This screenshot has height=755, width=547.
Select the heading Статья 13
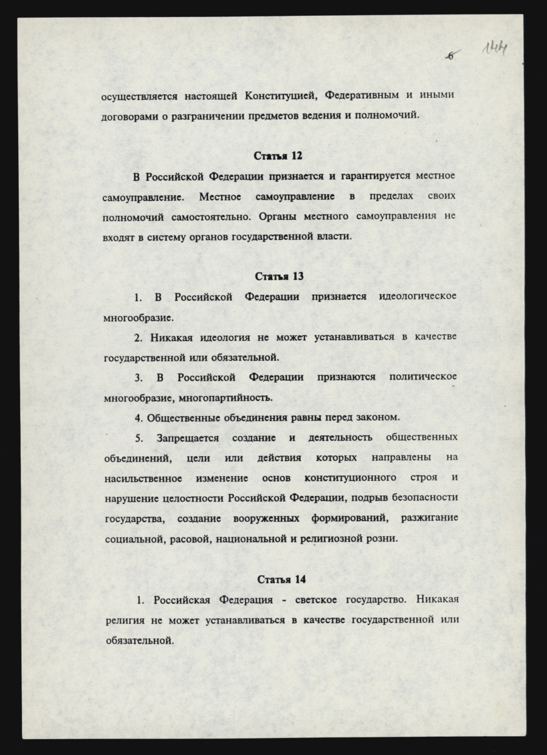pyautogui.click(x=279, y=276)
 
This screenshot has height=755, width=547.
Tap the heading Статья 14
pyautogui.click(x=281, y=579)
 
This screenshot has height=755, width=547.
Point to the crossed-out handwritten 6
pyautogui.click(x=453, y=55)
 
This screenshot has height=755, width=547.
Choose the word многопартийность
pyautogui.click(x=230, y=398)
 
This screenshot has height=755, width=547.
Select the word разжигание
pyautogui.click(x=429, y=518)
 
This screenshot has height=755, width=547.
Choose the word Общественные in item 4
pyautogui.click(x=185, y=418)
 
